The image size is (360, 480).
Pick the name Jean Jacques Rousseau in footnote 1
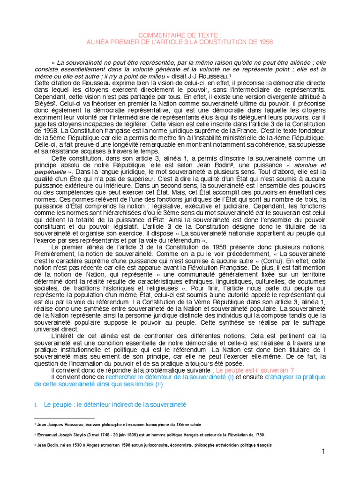(59, 425)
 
